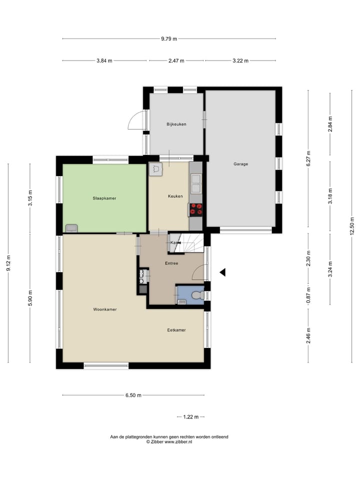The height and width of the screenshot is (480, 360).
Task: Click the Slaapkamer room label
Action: (x=104, y=198)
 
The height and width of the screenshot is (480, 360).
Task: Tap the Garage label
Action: (x=240, y=164)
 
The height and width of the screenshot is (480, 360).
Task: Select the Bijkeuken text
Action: (x=176, y=124)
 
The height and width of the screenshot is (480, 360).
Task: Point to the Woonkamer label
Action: (x=104, y=309)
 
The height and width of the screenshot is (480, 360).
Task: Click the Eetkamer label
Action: (x=176, y=330)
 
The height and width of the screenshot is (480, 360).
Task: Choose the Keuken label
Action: (x=175, y=196)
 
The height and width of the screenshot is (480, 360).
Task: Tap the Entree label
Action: (x=171, y=263)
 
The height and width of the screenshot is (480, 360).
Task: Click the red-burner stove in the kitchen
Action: (x=196, y=209)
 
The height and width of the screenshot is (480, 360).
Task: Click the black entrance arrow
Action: (x=223, y=272)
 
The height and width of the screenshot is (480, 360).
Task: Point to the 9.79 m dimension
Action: (x=169, y=38)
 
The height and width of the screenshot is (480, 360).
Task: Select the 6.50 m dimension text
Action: (x=133, y=395)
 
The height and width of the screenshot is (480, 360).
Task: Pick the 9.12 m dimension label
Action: (x=8, y=263)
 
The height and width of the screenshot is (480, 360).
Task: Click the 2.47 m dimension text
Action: (x=175, y=60)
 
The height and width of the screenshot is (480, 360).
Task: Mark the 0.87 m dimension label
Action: (x=308, y=295)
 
